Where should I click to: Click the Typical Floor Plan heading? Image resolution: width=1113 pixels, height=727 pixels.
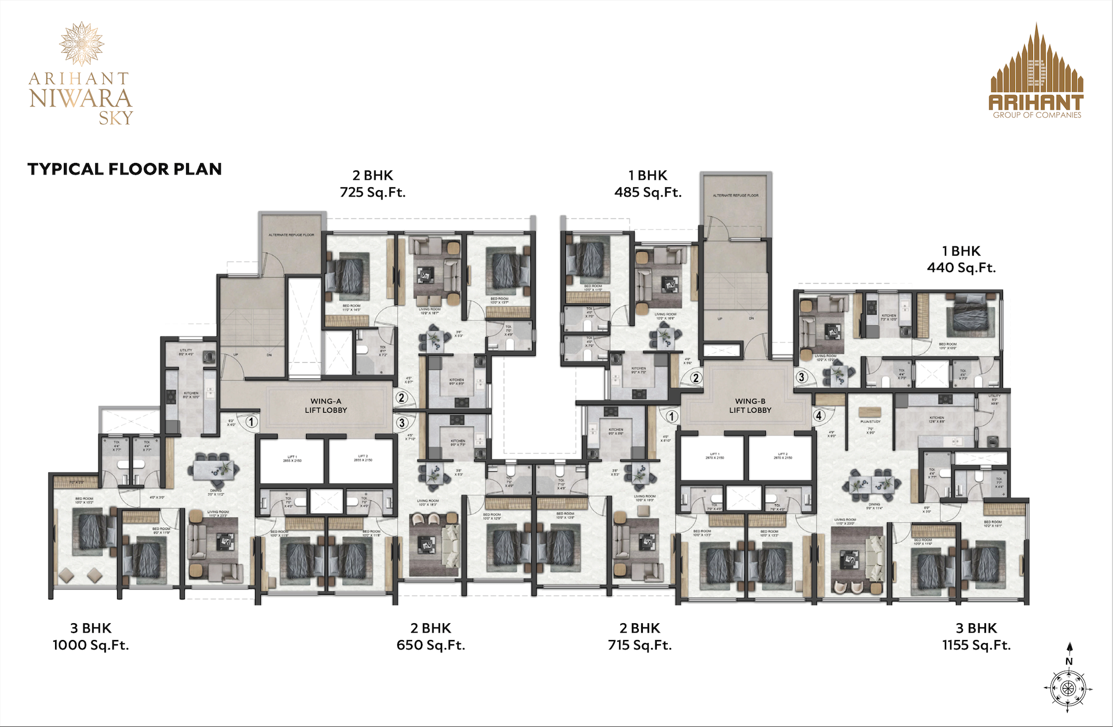[125, 169]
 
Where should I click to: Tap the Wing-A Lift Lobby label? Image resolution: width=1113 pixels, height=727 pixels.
[326, 405]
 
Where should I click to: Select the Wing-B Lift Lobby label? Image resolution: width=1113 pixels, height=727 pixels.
[750, 405]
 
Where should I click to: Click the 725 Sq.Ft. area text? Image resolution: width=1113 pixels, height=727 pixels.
[373, 192]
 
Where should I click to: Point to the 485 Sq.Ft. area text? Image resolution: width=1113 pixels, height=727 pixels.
[648, 192]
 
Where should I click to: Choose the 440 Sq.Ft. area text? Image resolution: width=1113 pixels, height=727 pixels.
[961, 268]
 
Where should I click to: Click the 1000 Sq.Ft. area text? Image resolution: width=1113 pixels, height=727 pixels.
[91, 645]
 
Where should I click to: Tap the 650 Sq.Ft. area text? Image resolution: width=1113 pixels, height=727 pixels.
[431, 645]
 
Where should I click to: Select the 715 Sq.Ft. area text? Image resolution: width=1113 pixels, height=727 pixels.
[640, 645]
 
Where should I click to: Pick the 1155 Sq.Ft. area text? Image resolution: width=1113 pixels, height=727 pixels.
[976, 645]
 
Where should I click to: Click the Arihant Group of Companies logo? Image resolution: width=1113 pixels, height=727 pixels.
[1036, 72]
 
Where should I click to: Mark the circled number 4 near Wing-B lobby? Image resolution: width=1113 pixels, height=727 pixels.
[819, 415]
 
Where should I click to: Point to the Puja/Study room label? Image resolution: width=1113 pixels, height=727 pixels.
[870, 421]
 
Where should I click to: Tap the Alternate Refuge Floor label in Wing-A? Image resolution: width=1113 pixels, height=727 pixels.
[291, 235]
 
